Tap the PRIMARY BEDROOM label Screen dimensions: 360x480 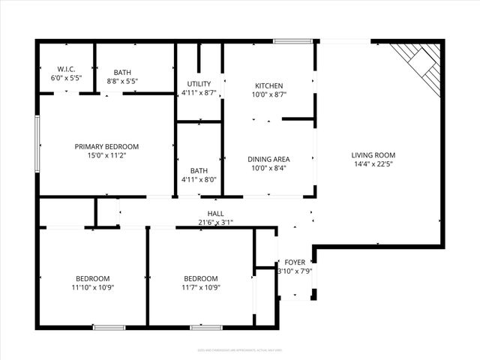coord(106,147)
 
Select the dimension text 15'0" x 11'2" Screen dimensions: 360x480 coord(106,156)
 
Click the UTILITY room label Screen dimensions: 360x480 coord(199,84)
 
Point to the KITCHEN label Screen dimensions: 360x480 coord(268,85)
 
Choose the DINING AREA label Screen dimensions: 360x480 coord(268,159)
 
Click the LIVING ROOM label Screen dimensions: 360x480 coord(373,155)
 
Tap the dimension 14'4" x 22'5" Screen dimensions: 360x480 coord(373,164)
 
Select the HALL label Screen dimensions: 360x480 coord(216,214)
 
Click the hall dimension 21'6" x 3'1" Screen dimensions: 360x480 coord(216,222)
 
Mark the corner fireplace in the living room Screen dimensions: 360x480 coord(419,60)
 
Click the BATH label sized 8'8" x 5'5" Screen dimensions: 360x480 coord(122,72)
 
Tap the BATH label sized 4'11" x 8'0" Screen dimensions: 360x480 coord(199,171)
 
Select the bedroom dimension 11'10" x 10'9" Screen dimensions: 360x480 coord(93,286)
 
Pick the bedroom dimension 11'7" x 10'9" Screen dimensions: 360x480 coord(201,286)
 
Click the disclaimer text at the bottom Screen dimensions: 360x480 coord(240,349)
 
